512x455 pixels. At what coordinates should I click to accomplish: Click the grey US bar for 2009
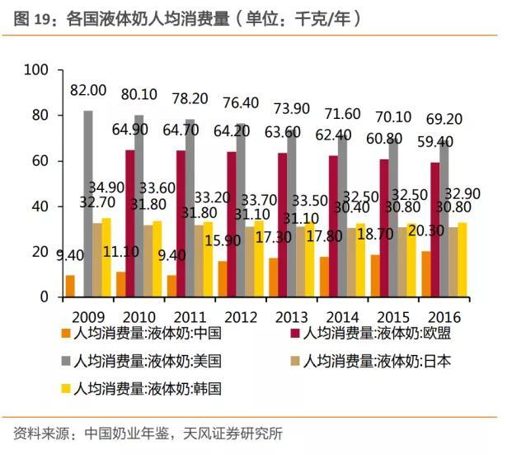[88, 204]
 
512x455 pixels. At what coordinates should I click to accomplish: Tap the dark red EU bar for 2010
[130, 224]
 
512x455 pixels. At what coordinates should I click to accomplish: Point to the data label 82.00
[87, 90]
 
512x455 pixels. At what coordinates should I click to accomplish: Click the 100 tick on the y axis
[38, 70]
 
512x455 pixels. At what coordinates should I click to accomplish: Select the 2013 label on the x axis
[290, 316]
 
